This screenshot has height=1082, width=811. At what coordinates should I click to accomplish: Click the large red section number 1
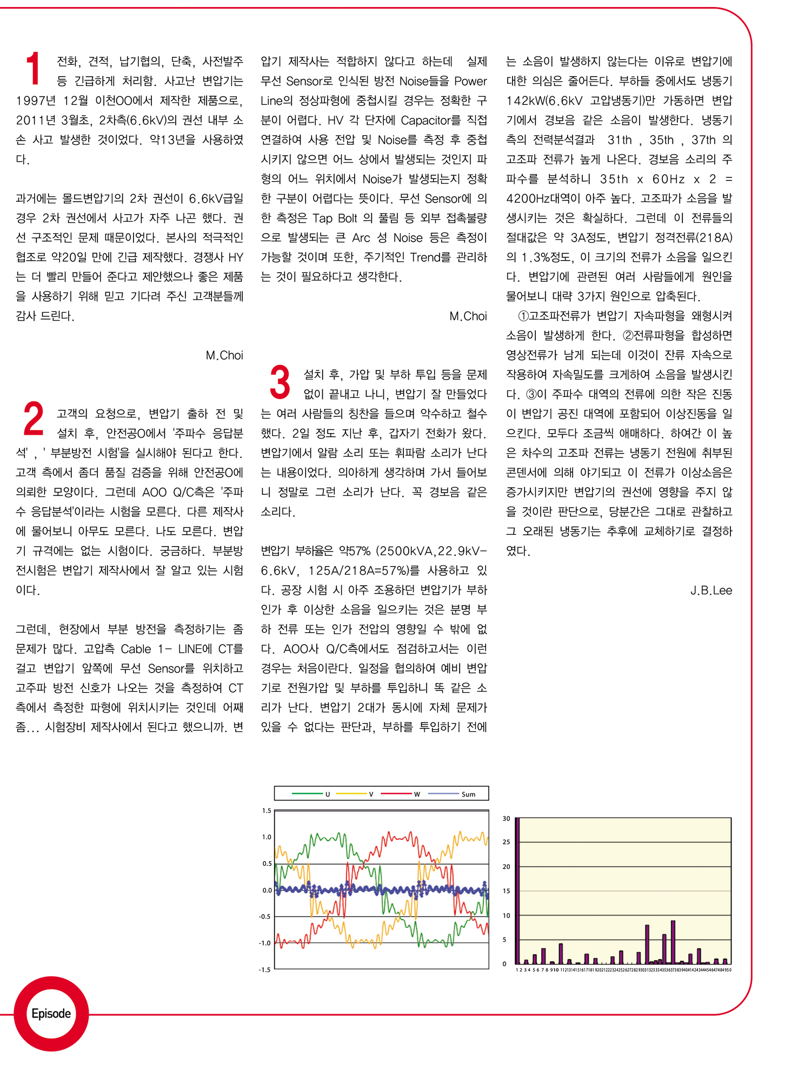(x=34, y=69)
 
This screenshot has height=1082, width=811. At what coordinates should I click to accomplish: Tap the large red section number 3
(x=280, y=382)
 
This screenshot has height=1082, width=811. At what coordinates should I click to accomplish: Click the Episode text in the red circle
(x=51, y=1013)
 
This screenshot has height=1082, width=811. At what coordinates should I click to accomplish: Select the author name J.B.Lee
(x=710, y=590)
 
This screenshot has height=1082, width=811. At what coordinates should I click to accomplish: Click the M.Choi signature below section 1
(x=224, y=355)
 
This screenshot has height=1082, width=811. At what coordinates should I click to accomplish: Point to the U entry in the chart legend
(x=327, y=794)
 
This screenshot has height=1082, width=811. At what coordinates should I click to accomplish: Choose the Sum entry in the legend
(x=468, y=794)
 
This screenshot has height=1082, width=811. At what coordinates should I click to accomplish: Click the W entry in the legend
(x=417, y=794)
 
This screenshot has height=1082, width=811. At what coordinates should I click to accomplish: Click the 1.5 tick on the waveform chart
(x=267, y=811)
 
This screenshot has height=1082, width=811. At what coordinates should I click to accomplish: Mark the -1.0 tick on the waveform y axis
(x=265, y=943)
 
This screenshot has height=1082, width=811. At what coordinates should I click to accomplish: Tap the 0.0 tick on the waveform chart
(x=267, y=890)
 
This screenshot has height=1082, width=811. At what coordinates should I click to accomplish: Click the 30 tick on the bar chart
(x=506, y=819)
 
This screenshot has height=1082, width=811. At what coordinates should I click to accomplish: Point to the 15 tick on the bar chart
(x=506, y=891)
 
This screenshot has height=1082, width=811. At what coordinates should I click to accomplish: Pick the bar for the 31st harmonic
(x=647, y=944)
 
